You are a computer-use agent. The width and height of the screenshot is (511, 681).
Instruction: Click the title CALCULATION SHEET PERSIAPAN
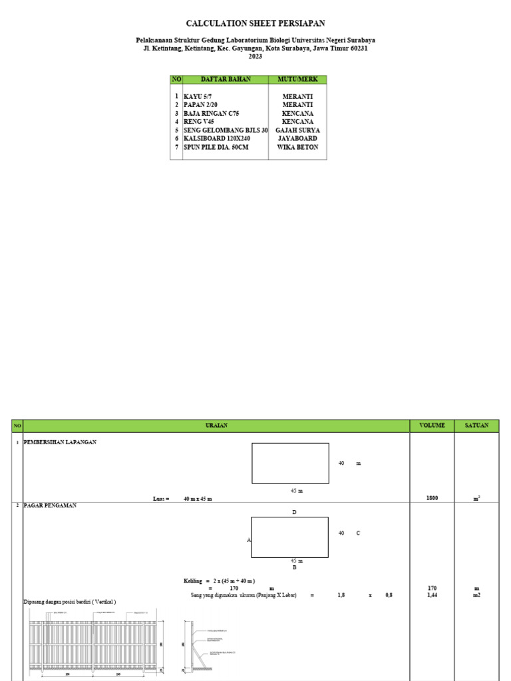coord(255,23)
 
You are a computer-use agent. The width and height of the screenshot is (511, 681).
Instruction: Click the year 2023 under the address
coord(255,57)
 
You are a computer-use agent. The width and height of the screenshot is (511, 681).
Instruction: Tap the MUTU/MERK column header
coord(297,80)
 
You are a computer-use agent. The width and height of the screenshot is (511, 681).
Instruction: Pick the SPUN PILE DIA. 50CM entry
coord(216,147)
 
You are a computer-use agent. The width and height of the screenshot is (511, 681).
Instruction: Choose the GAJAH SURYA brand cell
coord(297,130)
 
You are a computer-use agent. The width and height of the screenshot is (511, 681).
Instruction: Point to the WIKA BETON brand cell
coord(297,147)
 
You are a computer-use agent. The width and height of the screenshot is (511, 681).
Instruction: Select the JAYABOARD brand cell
coord(297,139)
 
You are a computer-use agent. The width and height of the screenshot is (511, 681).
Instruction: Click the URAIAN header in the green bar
coord(216,426)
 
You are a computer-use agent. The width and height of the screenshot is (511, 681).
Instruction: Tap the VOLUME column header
coord(432,426)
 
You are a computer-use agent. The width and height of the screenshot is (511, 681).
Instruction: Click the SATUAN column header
coord(476,426)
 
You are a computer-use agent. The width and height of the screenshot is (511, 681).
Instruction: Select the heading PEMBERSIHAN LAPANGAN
coord(60,442)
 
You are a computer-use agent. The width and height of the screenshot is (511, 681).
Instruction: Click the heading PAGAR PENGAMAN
coord(50,505)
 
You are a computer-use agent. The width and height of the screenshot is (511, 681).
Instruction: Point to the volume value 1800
coord(432,498)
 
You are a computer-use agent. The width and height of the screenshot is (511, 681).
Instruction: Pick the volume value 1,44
coord(432,595)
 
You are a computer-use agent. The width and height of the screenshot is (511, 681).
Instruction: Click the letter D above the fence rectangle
coord(293,512)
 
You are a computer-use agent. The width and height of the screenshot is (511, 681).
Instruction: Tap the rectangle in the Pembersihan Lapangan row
coord(290,463)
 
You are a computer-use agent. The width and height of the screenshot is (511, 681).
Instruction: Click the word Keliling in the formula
coord(193,581)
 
